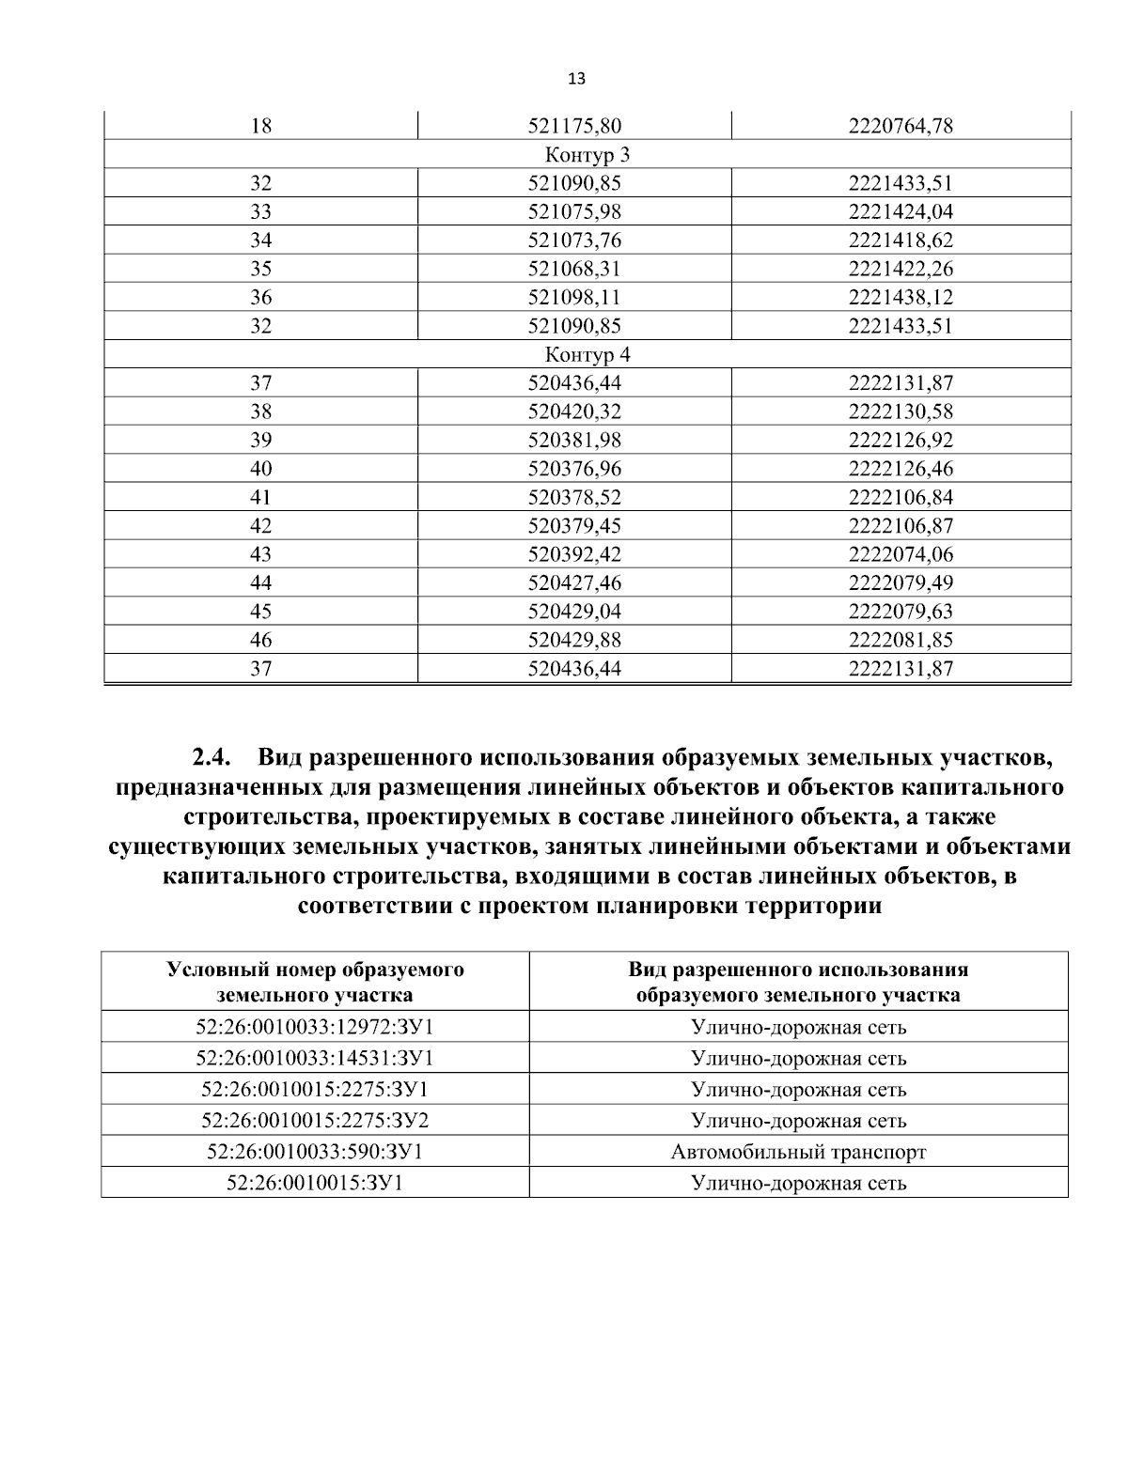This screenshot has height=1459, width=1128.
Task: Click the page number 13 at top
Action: click(577, 80)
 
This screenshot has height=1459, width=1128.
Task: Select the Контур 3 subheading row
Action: click(587, 154)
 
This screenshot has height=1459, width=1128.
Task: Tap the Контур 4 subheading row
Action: click(587, 355)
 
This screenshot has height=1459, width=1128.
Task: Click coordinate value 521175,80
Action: click(574, 126)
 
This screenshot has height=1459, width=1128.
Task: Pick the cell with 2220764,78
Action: click(901, 126)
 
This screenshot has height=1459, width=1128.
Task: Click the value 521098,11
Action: click(574, 298)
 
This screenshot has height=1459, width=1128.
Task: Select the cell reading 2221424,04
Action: click(901, 211)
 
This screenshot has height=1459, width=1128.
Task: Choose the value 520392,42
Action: click(574, 554)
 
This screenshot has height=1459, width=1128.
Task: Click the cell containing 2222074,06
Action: click(901, 554)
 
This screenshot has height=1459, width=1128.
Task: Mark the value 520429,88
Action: click(574, 641)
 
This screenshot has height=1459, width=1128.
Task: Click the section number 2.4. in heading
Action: click(212, 757)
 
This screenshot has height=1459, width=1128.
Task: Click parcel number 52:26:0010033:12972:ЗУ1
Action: click(315, 1027)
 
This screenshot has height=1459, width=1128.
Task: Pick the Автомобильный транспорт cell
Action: click(798, 1152)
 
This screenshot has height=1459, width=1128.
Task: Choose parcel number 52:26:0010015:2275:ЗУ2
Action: click(315, 1121)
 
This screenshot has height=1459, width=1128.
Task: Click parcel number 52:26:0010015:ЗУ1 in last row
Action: click(315, 1184)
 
